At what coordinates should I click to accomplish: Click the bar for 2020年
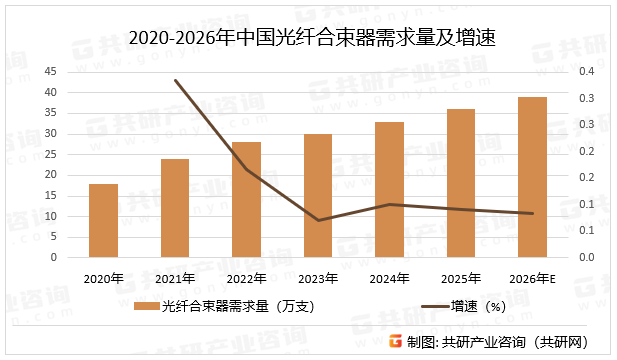(x=103, y=220)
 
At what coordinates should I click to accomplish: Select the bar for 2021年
(x=175, y=208)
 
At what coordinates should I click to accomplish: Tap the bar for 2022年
(x=246, y=200)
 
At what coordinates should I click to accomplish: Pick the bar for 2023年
(x=318, y=196)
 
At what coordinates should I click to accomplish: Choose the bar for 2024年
(x=389, y=190)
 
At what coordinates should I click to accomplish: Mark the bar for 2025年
(x=461, y=183)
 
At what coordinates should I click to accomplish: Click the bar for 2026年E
(x=532, y=177)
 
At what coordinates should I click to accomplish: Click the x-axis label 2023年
(x=318, y=278)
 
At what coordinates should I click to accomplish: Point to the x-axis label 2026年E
(x=532, y=278)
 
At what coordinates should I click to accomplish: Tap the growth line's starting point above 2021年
(x=176, y=81)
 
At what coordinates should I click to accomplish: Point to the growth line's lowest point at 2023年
(x=318, y=220)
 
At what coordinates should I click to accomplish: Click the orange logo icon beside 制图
(x=396, y=342)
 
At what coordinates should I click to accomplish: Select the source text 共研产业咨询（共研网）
(x=520, y=342)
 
